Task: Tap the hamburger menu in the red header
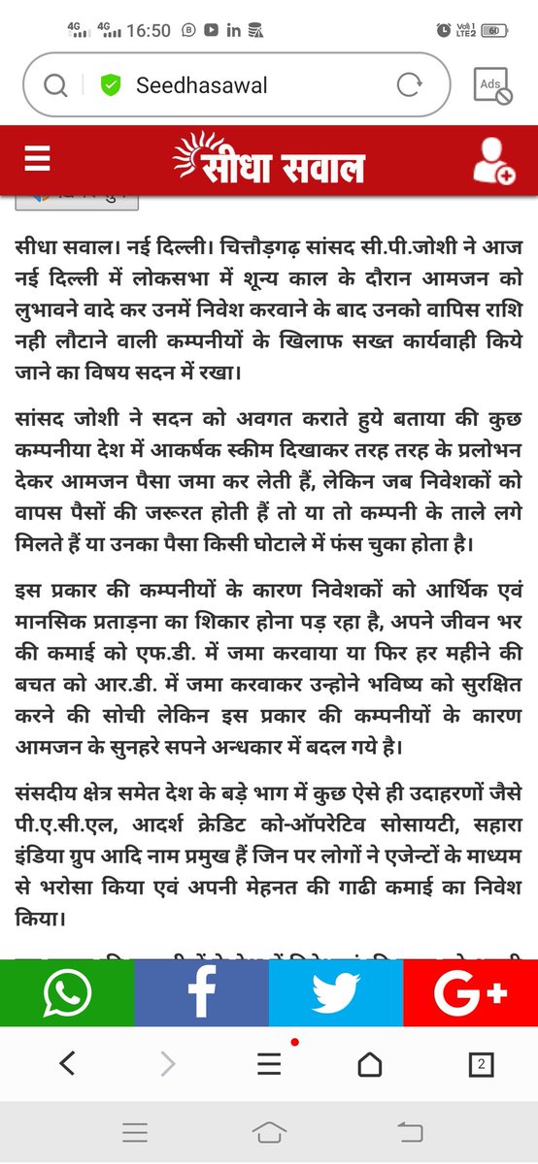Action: (37, 158)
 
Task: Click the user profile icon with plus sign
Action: (492, 160)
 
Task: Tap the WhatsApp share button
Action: (67, 993)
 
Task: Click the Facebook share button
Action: (201, 993)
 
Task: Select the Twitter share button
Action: (335, 993)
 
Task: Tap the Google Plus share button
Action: (470, 993)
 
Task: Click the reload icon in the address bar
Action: (409, 85)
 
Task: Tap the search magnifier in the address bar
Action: (55, 85)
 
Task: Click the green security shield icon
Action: (111, 85)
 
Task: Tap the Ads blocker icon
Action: (492, 85)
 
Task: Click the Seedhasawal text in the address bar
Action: (201, 85)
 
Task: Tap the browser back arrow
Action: (67, 1064)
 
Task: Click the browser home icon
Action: (370, 1064)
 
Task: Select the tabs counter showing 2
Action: (479, 1065)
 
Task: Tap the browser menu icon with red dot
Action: (269, 1064)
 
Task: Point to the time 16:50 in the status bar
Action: (148, 31)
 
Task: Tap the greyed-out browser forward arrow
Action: (167, 1064)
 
